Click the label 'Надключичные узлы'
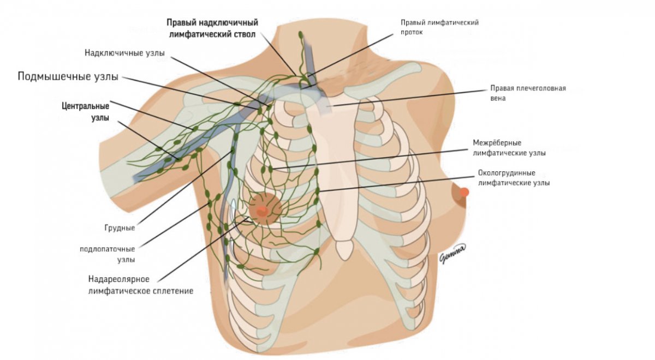[x=124, y=53]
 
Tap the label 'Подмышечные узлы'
[x=68, y=76]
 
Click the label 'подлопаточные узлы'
[x=106, y=254]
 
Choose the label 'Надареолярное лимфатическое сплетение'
[x=140, y=285]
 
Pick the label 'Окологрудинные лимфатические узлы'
[x=514, y=178]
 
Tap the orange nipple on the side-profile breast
[x=465, y=192]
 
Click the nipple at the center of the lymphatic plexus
[x=261, y=209]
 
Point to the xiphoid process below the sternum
[x=343, y=250]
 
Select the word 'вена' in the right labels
[x=498, y=98]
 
